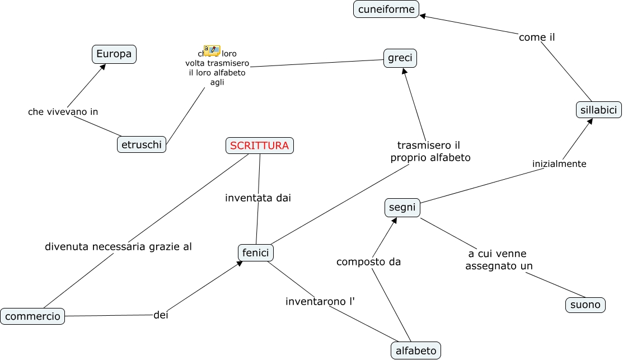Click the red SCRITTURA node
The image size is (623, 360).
coord(259,146)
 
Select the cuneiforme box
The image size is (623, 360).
coord(386,9)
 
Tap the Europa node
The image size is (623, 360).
coord(114,54)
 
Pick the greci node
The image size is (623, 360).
coord(400,58)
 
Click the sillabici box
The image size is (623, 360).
coord(598,110)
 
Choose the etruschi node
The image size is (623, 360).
coord(142,144)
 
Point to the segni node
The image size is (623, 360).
coord(402,207)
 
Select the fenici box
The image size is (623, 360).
coord(256,253)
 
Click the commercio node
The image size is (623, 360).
coord(32,316)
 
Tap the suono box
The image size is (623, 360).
coord(585,305)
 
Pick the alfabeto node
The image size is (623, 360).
coord(415,350)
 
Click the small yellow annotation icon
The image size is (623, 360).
coord(212,50)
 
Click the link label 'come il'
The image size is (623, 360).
coord(537,38)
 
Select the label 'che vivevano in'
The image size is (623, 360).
coord(63,111)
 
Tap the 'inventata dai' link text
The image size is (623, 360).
coord(258,198)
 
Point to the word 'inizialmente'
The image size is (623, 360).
coord(559,164)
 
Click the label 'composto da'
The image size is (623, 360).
coord(368,261)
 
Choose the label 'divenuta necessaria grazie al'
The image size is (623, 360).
coord(118,246)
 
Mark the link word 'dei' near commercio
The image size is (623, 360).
coord(161,315)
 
